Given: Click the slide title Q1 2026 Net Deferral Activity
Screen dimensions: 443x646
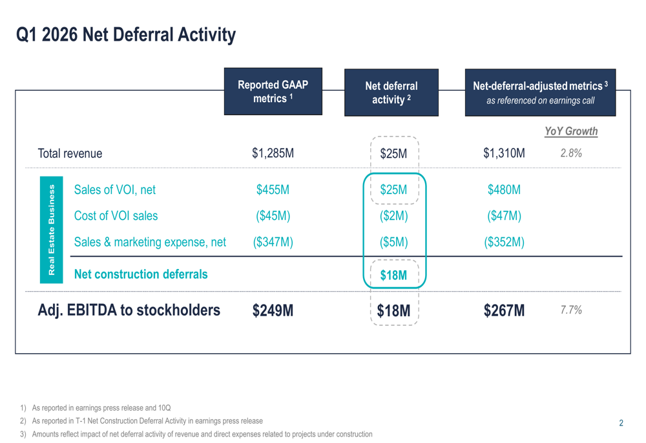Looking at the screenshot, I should tap(126, 34).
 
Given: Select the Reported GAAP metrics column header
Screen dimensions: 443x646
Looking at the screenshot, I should tap(273, 92).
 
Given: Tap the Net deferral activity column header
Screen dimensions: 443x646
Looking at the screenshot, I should tap(391, 92).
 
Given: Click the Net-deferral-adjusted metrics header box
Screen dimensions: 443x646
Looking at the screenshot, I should tap(540, 92).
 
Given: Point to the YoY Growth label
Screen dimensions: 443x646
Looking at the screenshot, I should tap(570, 131).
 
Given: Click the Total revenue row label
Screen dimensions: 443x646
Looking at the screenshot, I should tap(70, 154).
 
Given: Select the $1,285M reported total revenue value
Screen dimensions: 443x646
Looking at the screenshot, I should tap(273, 153).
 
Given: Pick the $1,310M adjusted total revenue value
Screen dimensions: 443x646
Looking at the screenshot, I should tap(504, 153).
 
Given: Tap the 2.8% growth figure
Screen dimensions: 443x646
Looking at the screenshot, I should tap(571, 153).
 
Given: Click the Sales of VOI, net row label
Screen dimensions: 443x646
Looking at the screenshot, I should tap(114, 189).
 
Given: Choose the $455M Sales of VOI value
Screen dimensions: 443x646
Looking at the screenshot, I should tap(273, 189).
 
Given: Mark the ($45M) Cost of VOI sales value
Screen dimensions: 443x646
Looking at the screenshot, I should tap(273, 216).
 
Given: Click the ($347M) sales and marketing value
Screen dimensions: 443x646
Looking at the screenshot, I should tap(273, 243).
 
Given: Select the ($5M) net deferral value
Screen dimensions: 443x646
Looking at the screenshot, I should tap(393, 243).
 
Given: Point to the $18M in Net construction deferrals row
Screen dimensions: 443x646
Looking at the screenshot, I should tap(393, 276).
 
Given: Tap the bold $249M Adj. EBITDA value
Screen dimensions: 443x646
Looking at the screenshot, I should tap(273, 311).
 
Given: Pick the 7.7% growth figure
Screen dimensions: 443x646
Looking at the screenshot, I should tap(571, 310).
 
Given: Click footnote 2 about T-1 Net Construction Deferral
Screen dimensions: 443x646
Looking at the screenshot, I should tap(147, 421).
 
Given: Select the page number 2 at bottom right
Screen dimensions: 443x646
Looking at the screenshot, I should tap(621, 424).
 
